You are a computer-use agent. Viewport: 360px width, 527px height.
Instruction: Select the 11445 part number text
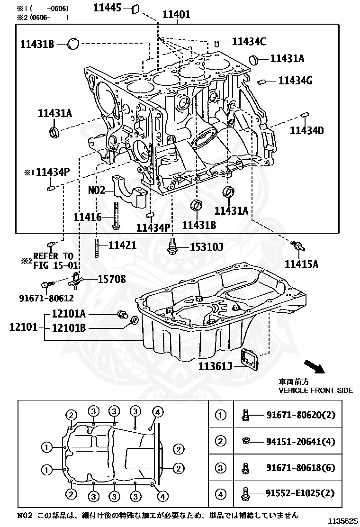[108, 7]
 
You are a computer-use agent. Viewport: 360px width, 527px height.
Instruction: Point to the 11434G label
[295, 81]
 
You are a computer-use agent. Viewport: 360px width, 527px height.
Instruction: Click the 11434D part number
[306, 130]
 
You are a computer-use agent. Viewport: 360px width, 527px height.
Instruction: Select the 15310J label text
[207, 247]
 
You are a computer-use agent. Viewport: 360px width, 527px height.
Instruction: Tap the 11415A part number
[301, 263]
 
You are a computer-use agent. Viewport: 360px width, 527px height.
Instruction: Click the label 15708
[112, 279]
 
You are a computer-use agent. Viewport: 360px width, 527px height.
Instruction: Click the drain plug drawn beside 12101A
[123, 314]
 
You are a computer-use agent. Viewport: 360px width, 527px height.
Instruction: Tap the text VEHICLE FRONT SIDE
[315, 390]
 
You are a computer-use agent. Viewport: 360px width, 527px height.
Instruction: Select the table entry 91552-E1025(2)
[300, 494]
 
